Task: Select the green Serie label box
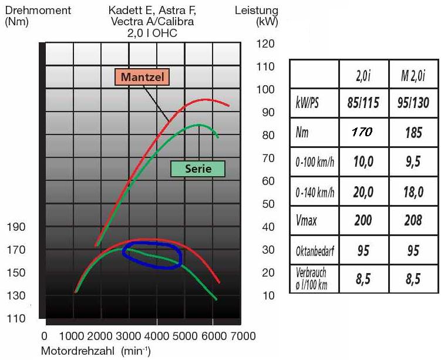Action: (198, 169)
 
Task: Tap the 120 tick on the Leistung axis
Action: (266, 44)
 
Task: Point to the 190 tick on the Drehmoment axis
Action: (15, 227)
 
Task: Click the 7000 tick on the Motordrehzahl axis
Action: (242, 336)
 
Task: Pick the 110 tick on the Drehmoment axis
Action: (15, 319)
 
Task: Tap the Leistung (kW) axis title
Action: (257, 16)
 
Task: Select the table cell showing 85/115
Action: (362, 104)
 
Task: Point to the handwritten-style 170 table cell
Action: (362, 133)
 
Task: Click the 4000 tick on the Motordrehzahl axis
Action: (157, 336)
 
